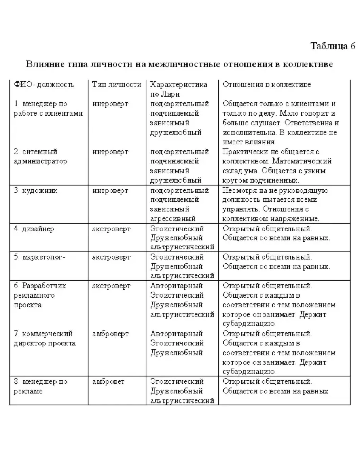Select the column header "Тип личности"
[116, 85]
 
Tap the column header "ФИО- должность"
[44, 85]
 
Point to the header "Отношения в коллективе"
[267, 85]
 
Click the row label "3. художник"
[35, 191]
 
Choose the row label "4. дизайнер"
[34, 229]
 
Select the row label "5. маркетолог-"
[39, 257]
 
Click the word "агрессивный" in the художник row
[173, 218]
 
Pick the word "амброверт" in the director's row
[110, 334]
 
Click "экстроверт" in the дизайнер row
[111, 229]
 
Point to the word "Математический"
[306, 161]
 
